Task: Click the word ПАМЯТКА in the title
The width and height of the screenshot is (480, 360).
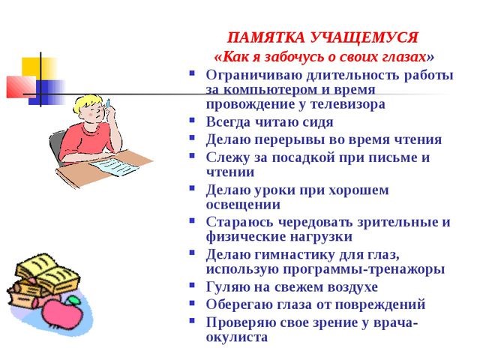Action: [266, 38]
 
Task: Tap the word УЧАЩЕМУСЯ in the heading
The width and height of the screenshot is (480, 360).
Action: [364, 38]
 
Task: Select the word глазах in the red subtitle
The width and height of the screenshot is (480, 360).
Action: [403, 57]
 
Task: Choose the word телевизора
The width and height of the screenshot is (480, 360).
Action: [348, 104]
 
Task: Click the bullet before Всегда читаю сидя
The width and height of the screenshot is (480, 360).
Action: [192, 120]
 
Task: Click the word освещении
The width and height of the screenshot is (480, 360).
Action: [243, 205]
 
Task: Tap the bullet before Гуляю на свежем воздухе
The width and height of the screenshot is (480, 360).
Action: [192, 286]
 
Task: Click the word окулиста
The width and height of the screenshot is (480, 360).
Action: [237, 337]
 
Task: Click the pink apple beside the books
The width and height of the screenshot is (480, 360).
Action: [63, 313]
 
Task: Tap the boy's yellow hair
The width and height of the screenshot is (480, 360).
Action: [88, 103]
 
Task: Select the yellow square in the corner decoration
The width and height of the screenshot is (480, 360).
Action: [38, 67]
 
